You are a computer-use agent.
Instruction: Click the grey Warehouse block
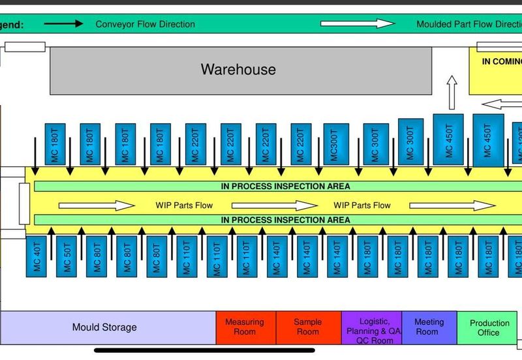point(241,70)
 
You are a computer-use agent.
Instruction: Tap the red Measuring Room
point(245,327)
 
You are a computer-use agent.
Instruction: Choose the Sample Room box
point(308,327)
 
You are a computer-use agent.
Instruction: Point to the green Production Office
point(489,327)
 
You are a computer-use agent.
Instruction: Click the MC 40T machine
point(37,256)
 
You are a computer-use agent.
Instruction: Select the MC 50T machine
point(67,257)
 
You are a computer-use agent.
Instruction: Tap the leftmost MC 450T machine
point(448,139)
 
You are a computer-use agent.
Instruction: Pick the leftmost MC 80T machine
point(97,257)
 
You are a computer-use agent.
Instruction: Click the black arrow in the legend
point(63,24)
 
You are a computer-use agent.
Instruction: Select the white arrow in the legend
point(358,24)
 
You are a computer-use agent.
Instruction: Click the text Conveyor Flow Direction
point(145,24)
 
